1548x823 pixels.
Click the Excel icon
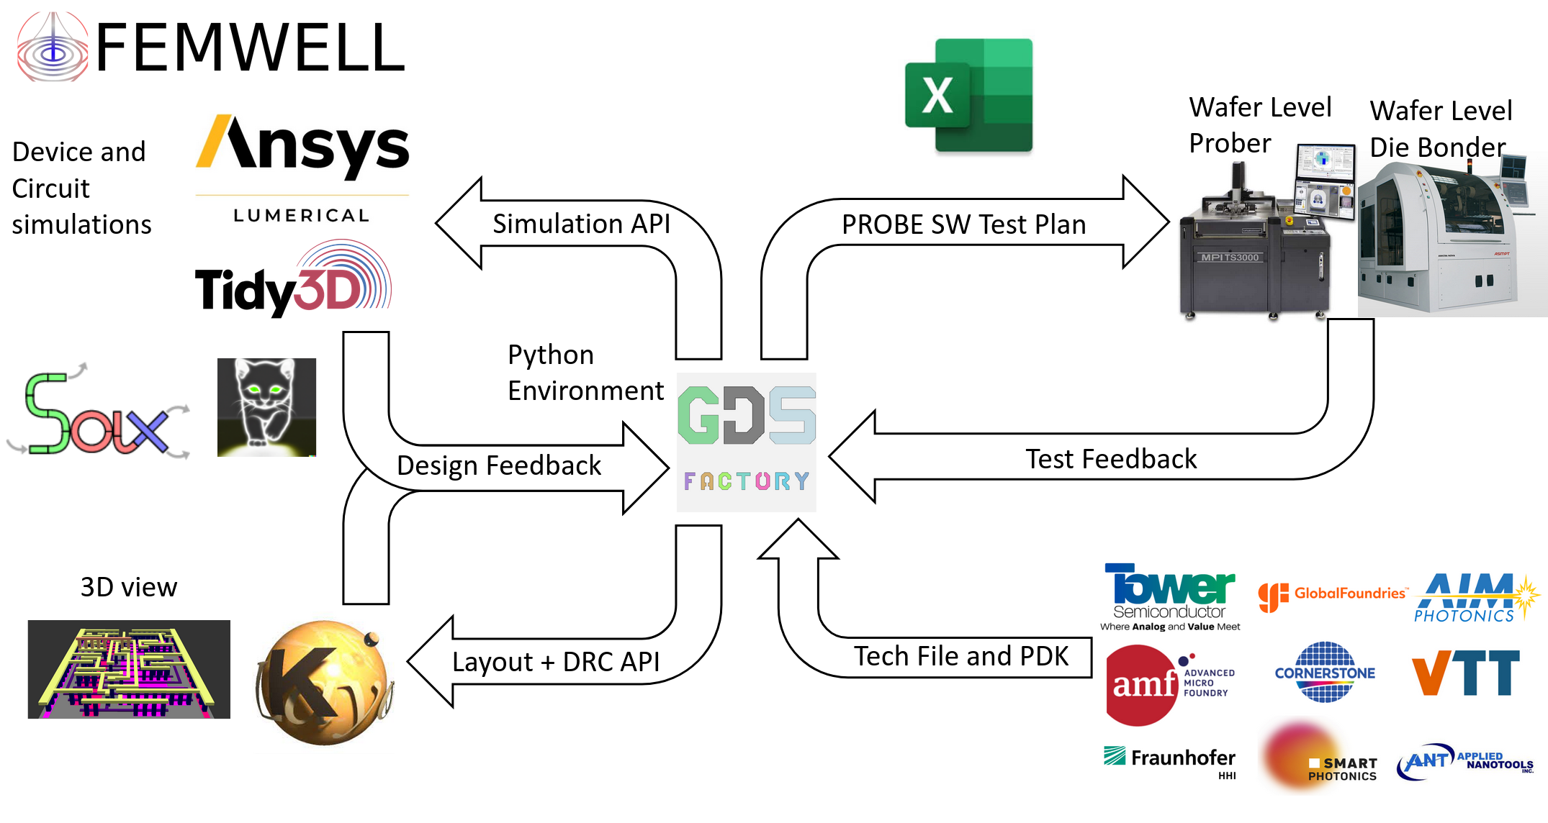point(968,95)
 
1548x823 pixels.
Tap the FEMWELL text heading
point(250,48)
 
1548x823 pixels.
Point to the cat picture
point(266,407)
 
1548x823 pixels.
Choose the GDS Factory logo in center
point(747,442)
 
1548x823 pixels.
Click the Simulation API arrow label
point(581,224)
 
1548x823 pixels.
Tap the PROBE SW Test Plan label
point(963,224)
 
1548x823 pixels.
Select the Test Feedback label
point(1110,459)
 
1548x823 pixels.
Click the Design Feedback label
point(499,465)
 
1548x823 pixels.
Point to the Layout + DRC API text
point(555,662)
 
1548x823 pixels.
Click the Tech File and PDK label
point(960,656)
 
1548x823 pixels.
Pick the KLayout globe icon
point(324,683)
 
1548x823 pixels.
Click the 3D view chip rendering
point(129,669)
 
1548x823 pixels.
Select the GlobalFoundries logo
point(1332,595)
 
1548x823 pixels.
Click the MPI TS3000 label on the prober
point(1230,258)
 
